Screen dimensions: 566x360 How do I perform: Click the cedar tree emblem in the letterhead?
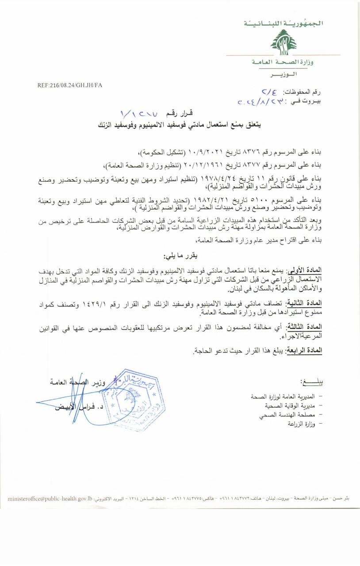283,42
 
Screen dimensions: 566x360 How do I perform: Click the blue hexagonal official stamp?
133,395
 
